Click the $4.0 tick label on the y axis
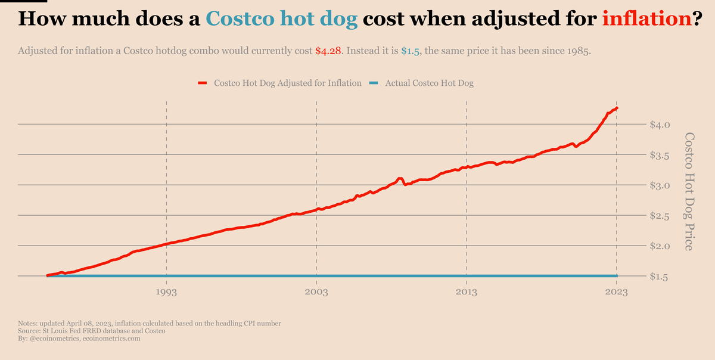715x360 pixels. click(x=660, y=125)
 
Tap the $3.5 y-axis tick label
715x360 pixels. click(x=660, y=155)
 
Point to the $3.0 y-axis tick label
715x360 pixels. click(x=660, y=185)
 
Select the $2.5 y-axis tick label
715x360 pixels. click(x=660, y=216)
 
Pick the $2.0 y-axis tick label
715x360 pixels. click(x=660, y=246)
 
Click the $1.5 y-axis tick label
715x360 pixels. click(x=660, y=277)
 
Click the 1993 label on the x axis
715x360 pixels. click(x=166, y=292)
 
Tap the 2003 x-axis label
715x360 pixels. click(x=316, y=292)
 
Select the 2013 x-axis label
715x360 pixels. click(x=467, y=292)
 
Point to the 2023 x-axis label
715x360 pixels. click(x=617, y=292)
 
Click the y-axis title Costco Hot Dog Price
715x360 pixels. click(x=689, y=191)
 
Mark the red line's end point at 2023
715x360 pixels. click(x=617, y=108)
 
